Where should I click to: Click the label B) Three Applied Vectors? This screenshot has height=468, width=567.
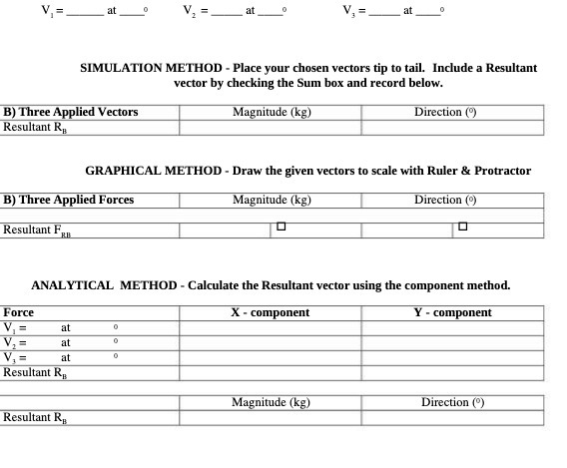(x=71, y=112)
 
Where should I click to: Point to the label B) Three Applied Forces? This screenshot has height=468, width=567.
(x=69, y=200)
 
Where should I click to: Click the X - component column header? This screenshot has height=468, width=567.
(x=270, y=312)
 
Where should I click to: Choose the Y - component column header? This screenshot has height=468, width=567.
(x=452, y=312)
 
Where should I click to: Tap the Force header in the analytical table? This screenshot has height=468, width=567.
(x=19, y=312)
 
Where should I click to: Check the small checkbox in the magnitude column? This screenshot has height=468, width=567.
(x=281, y=228)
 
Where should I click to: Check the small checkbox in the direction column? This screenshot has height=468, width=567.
(x=462, y=228)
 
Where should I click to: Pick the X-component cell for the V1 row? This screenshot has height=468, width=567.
(x=270, y=327)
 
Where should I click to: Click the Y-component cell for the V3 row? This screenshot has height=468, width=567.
(x=452, y=356)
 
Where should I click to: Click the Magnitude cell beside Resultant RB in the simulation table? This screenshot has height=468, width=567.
(x=270, y=127)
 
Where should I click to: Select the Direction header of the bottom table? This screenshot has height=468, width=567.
(x=452, y=402)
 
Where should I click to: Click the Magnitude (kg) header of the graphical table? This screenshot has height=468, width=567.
(x=272, y=200)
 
